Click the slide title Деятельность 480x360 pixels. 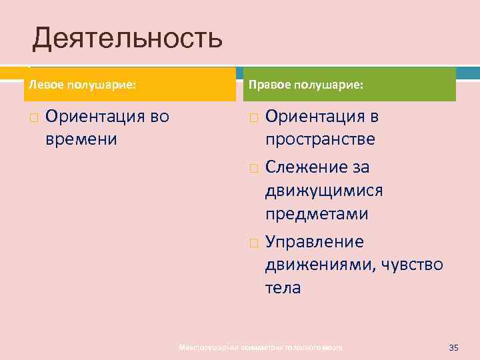tap(127, 39)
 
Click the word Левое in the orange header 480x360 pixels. tap(40, 86)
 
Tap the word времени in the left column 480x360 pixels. tap(81, 139)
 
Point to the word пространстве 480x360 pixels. tap(320, 139)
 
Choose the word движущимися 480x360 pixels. tap(324, 191)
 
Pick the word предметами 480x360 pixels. tap(317, 215)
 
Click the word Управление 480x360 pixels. tap(315, 240)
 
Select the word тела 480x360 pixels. tap(283, 288)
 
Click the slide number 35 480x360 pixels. tap(455, 347)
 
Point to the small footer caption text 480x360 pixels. tap(261, 348)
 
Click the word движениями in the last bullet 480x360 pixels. tap(319, 264)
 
